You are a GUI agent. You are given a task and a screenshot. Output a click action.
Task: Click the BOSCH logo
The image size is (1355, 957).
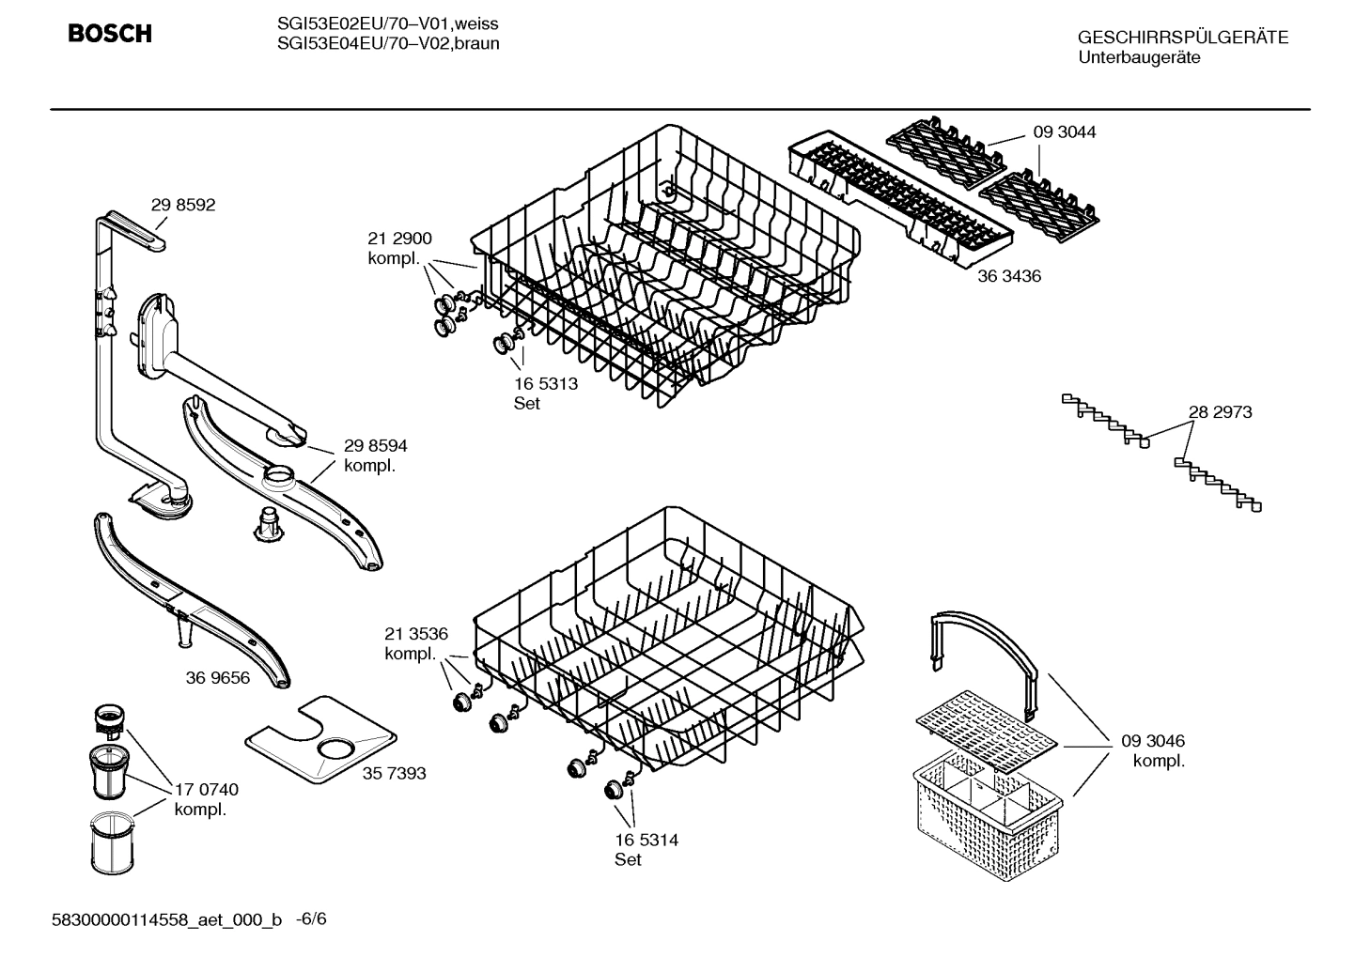click(x=109, y=35)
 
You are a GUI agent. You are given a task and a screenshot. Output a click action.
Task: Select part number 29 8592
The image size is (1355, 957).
click(x=183, y=205)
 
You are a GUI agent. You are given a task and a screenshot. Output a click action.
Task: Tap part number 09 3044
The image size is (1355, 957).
click(x=1065, y=132)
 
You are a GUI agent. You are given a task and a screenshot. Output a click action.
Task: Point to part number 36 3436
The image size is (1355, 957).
click(x=1009, y=276)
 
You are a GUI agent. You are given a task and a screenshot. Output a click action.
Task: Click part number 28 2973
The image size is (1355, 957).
click(x=1220, y=411)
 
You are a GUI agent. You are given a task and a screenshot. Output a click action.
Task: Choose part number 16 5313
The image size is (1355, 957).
click(x=545, y=384)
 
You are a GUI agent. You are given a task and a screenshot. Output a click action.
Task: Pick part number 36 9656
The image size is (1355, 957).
click(x=218, y=677)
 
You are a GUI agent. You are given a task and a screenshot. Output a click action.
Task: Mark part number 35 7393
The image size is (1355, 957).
click(x=394, y=773)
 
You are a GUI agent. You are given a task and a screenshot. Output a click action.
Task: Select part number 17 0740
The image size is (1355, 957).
click(x=207, y=790)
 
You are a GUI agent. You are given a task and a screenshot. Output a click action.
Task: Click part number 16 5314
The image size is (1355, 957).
click(x=646, y=840)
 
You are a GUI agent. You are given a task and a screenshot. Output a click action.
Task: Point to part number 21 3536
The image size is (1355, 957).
click(x=416, y=634)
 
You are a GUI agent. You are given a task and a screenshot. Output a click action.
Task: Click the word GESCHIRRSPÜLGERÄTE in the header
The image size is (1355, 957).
click(x=1182, y=38)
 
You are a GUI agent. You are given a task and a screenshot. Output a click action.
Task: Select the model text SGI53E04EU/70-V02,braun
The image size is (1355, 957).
click(x=388, y=43)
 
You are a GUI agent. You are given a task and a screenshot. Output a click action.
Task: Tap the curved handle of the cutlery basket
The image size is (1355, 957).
click(x=987, y=640)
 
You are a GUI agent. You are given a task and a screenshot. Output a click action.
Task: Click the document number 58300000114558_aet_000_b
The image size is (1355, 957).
click(x=166, y=919)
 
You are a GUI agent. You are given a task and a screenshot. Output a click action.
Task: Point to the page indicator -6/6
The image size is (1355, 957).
click(x=311, y=918)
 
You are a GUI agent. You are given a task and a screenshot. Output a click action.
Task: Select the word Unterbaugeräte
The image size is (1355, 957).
click(x=1139, y=57)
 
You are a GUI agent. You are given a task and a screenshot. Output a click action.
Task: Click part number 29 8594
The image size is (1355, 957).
click(x=375, y=445)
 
